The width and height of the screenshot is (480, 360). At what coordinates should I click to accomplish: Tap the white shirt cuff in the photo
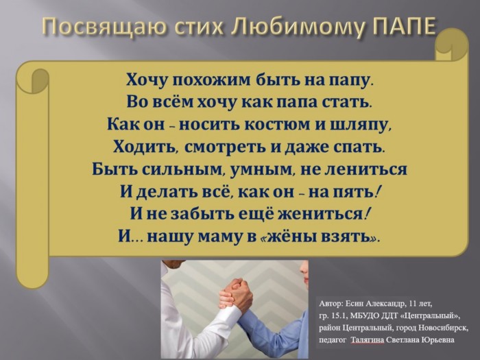click(x=230, y=313)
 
